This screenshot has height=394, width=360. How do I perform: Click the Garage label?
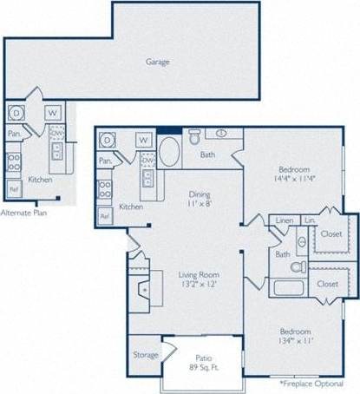point(158,62)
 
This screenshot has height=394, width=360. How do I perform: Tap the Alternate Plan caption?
point(23,212)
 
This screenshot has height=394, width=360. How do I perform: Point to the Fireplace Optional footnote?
point(318,382)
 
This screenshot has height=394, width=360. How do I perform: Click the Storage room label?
point(146,355)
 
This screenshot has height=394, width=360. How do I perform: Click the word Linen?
point(283,222)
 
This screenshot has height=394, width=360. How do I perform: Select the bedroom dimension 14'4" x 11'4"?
point(296,180)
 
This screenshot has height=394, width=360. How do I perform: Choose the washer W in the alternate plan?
point(53,113)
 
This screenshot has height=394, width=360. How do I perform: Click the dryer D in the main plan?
point(108,140)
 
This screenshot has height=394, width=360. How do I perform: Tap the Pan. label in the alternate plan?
point(14,135)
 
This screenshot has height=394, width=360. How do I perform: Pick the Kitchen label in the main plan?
point(131,207)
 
